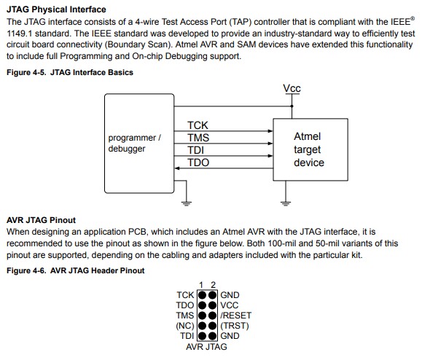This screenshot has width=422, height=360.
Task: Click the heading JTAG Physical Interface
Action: (x=56, y=9)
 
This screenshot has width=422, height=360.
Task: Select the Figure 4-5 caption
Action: (x=70, y=72)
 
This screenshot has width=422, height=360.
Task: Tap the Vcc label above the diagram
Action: (x=292, y=88)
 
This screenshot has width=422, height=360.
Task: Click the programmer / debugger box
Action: (x=139, y=144)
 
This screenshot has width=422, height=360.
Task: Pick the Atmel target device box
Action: (x=310, y=149)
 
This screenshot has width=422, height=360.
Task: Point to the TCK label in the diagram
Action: (x=198, y=125)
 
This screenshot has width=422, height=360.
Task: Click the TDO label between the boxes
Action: (x=198, y=163)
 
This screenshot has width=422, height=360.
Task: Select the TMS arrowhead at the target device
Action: (x=270, y=144)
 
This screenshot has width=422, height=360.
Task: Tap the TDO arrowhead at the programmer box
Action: (x=177, y=168)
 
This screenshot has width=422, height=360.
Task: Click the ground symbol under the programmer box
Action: (x=187, y=203)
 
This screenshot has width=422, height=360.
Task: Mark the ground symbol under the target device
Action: (x=285, y=203)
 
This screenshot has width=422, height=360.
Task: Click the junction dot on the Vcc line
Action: (x=292, y=106)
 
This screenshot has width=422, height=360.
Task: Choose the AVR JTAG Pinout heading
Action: (x=41, y=220)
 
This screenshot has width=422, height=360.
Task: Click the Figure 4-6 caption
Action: (x=75, y=270)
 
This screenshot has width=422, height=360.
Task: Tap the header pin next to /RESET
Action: (x=212, y=316)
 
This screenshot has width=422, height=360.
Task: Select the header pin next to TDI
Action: (x=202, y=336)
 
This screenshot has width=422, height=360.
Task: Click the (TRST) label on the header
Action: (x=235, y=326)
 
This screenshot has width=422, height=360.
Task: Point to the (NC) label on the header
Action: (x=185, y=326)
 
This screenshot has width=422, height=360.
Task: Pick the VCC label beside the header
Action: (x=230, y=305)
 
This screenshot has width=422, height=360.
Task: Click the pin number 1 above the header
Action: (x=201, y=285)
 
